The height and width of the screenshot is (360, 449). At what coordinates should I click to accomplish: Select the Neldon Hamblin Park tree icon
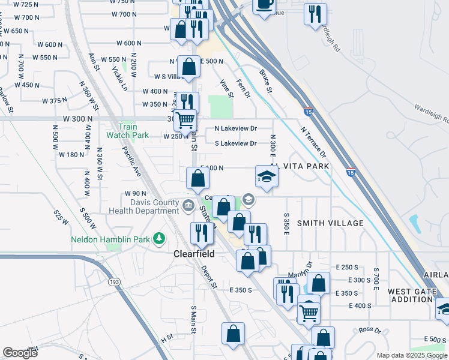pos(159,239)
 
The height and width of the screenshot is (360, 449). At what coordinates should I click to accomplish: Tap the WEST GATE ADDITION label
pos(412,295)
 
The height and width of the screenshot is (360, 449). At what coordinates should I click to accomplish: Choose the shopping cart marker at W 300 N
pos(185,120)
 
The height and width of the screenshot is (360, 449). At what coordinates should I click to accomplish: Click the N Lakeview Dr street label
pos(236,129)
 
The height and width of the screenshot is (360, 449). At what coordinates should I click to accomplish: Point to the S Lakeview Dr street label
pos(236,143)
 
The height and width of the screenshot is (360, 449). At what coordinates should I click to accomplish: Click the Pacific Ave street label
pos(131,161)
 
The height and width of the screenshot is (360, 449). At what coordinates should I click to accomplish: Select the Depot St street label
pos(208,277)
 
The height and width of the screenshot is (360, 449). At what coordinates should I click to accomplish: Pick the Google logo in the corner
pos(20,352)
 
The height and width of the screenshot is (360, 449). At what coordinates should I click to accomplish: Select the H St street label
pos(166,340)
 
